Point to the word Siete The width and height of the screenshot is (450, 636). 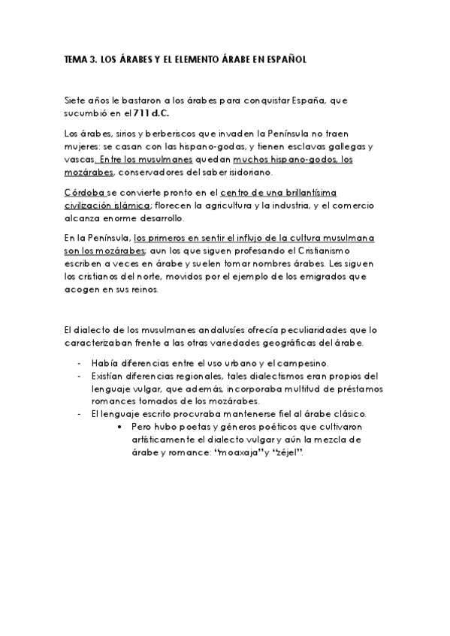click(76, 100)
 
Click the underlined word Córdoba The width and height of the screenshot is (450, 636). click(85, 193)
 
